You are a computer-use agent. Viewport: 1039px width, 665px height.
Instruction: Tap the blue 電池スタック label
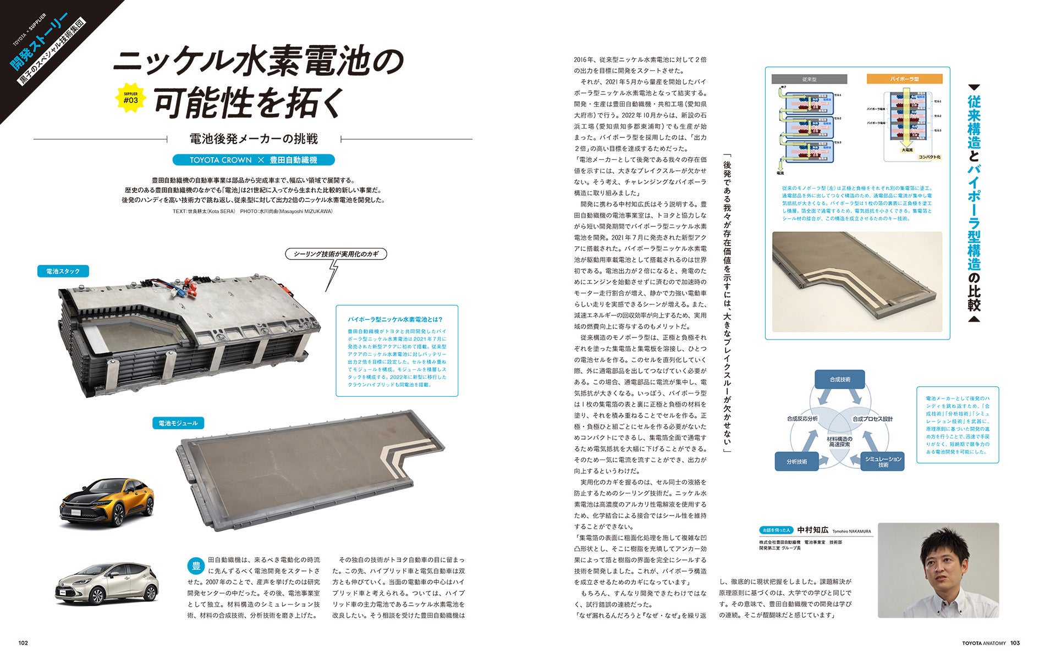pos(63,271)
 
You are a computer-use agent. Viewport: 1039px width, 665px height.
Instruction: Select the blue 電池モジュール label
pos(178,423)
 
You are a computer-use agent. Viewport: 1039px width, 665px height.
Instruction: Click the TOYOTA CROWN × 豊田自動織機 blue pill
pos(253,160)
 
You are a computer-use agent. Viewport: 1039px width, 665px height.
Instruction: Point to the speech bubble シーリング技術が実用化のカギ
pos(336,254)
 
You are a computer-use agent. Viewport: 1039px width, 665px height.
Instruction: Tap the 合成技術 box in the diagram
pos(839,379)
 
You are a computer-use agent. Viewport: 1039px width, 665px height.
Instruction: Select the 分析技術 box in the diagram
pos(796,462)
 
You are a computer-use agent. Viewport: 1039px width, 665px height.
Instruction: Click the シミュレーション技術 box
pos(883,462)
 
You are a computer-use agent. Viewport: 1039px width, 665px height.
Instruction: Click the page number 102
pos(23,643)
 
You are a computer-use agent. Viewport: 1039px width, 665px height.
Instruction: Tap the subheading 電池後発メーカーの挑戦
pos(253,138)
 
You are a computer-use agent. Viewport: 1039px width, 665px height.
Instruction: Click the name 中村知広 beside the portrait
pos(812,530)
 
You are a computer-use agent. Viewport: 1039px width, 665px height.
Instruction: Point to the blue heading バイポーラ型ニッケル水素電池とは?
pos(395,319)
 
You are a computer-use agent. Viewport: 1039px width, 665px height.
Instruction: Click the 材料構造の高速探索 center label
pos(839,441)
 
